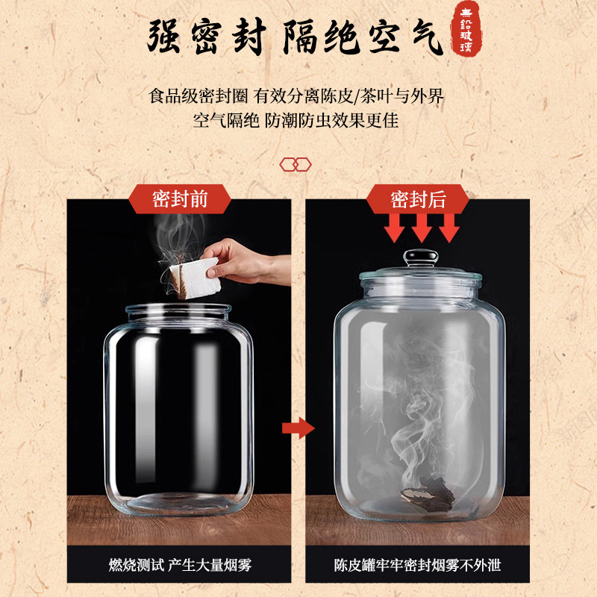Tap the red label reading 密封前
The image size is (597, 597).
[180, 199]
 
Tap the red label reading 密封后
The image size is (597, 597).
[418, 199]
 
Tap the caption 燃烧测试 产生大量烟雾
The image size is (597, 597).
[180, 565]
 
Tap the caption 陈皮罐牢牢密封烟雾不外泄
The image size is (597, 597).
[417, 565]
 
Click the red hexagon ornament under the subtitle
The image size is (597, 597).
[295, 163]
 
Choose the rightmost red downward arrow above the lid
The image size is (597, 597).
[448, 226]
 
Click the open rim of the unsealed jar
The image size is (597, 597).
[178, 308]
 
